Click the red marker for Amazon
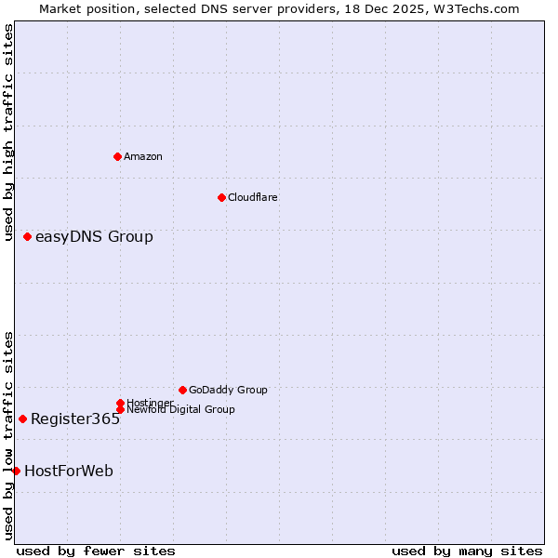coord(117,156)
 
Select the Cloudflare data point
coord(221,197)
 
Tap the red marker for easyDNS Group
coord(28,237)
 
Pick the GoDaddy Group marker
coord(182,390)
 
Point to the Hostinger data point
coord(120,403)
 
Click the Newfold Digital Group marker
coord(120,409)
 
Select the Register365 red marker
coord(23,418)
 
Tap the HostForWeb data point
coord(17,471)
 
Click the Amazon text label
coord(143,156)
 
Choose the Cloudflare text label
coord(253,197)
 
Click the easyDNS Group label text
coord(94,237)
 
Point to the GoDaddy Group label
coord(228,390)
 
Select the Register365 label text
coord(75,418)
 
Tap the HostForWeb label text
coord(69,471)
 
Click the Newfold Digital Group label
coord(180,410)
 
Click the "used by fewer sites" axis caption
coord(96,551)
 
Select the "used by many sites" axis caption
coord(467,551)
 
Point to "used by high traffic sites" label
coord(8,132)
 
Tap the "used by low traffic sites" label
coord(8,435)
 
